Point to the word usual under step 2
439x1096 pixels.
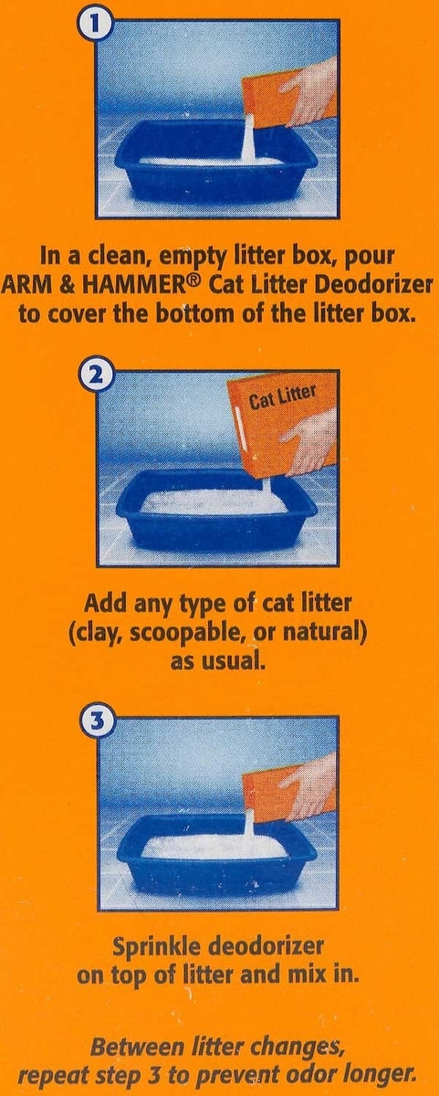[x=235, y=662]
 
